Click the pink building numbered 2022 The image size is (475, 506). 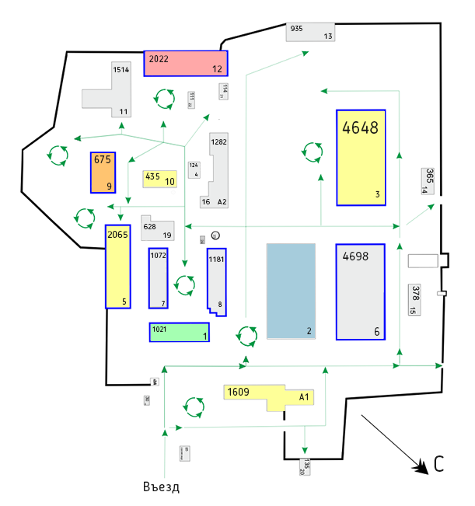[x=186, y=63]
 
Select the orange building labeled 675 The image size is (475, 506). [x=103, y=172]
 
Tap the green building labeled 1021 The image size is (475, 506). [x=179, y=332]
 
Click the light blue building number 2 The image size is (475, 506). [x=291, y=290]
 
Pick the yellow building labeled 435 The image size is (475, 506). [x=159, y=178]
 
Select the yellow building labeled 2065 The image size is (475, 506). [x=117, y=267]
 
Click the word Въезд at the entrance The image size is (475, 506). [x=162, y=487]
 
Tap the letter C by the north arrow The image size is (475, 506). [x=439, y=465]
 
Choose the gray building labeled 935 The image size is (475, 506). [x=310, y=32]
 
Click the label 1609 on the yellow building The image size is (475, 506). [x=237, y=392]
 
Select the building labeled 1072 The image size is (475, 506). [x=158, y=277]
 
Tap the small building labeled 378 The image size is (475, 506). [x=415, y=299]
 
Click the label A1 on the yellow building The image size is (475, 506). [x=305, y=396]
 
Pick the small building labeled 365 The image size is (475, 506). [x=429, y=179]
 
